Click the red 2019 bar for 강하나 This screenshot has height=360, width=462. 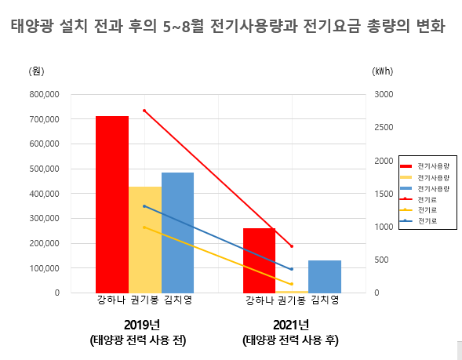(x=111, y=204)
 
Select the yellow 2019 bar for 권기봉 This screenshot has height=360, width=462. (x=145, y=239)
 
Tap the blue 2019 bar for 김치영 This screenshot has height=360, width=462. (x=177, y=232)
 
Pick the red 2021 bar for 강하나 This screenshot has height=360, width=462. (x=259, y=260)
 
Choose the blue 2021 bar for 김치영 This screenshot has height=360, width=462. (x=324, y=276)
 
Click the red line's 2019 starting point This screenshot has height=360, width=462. (x=144, y=111)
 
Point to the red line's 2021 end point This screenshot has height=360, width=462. (x=292, y=246)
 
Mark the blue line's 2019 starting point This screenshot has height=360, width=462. (x=144, y=206)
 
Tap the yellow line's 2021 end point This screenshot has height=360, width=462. (x=292, y=284)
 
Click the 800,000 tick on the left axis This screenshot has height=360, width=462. (x=44, y=94)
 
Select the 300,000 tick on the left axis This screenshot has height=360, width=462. (x=44, y=218)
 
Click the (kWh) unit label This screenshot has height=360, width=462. (x=382, y=71)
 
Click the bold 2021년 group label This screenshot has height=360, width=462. (x=291, y=325)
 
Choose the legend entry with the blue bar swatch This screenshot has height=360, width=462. (x=424, y=189)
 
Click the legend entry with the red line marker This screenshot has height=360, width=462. (x=424, y=200)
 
